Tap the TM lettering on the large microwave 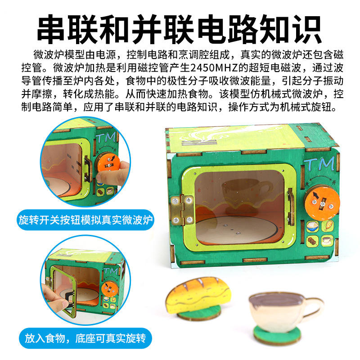(319, 164)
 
